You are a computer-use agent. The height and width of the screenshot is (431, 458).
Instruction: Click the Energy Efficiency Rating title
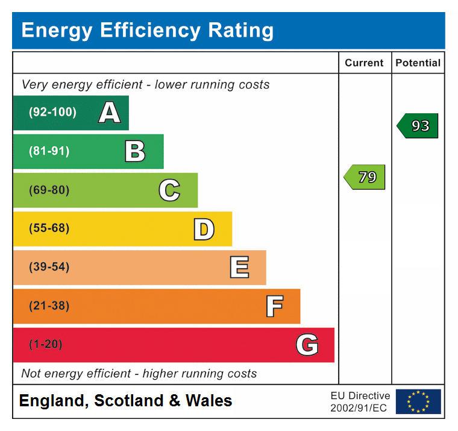(147, 30)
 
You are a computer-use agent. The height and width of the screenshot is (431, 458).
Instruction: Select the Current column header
(364, 63)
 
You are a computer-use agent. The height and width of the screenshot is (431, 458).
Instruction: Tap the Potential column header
(418, 63)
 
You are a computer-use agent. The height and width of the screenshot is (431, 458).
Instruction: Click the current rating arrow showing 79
(365, 177)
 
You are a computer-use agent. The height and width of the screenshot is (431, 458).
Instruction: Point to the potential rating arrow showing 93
(418, 126)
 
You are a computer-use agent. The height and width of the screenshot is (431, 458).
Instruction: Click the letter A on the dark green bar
(109, 113)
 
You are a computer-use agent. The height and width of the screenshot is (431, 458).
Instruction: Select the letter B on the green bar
(135, 151)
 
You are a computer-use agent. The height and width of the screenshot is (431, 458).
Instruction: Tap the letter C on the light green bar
(169, 190)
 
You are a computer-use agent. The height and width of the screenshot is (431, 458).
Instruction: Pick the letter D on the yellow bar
(204, 229)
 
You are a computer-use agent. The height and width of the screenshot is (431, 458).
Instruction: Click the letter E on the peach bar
(239, 268)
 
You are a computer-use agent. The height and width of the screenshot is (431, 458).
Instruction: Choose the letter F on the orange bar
(274, 306)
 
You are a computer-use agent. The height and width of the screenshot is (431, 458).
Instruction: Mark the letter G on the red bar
(307, 345)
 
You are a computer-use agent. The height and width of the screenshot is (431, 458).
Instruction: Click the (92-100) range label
(52, 113)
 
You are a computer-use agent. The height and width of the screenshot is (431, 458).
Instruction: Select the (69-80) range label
(49, 190)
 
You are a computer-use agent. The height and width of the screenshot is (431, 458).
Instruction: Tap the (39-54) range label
(49, 267)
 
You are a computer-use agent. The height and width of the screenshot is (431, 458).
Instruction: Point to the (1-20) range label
(45, 345)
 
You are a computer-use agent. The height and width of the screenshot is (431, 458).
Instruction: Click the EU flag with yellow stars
(418, 401)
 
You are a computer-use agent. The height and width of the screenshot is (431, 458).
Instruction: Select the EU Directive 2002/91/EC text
(360, 401)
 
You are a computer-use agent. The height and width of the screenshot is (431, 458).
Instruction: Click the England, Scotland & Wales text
(125, 401)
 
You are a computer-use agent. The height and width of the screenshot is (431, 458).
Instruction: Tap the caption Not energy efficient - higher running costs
(139, 374)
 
